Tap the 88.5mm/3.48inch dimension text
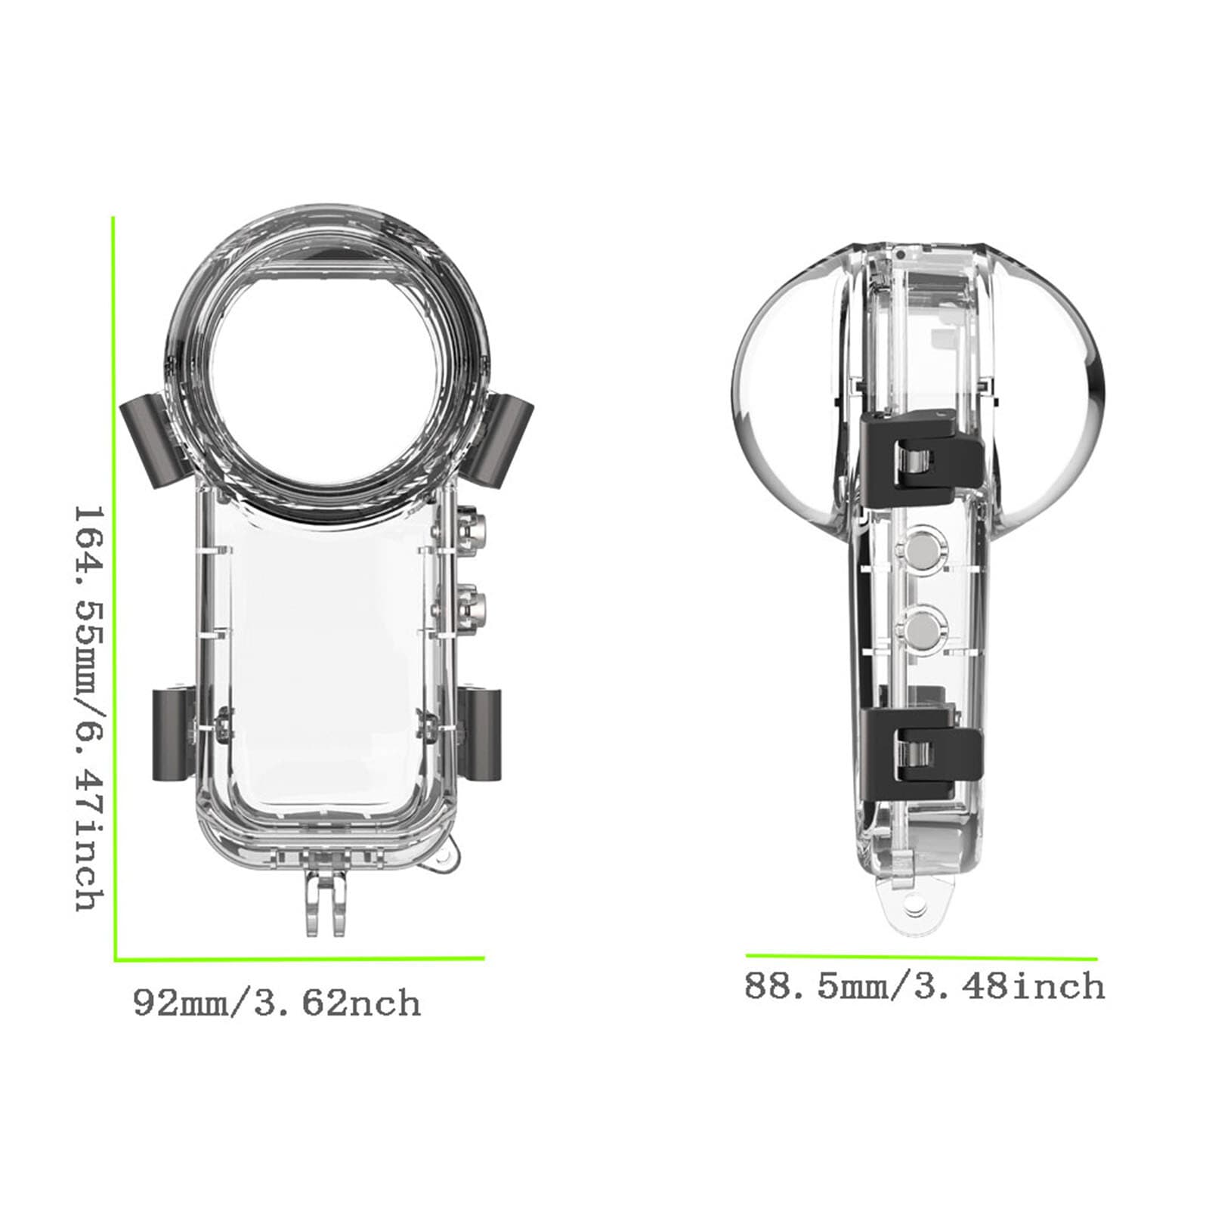[x=924, y=987]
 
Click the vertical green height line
[x=114, y=589]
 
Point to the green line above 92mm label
[x=299, y=959]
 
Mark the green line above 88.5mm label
[x=921, y=957]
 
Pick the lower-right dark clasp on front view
[x=481, y=734]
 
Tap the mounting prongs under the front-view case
[x=326, y=902]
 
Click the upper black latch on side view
[x=921, y=459]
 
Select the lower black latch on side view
[x=921, y=745]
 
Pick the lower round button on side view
[x=920, y=629]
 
